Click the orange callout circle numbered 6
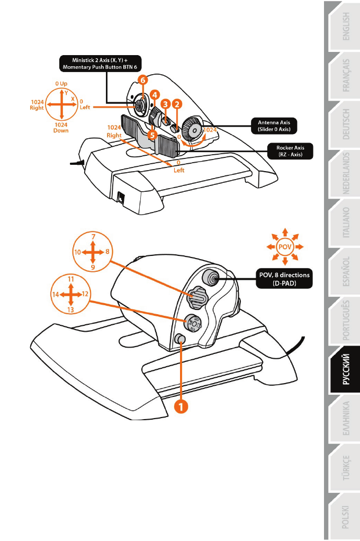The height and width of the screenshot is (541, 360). point(142,79)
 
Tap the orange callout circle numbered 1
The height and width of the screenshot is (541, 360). point(182,406)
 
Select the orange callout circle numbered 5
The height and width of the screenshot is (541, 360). point(152,135)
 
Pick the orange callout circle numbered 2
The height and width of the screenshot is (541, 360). point(177,105)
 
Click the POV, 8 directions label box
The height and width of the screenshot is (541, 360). point(283,279)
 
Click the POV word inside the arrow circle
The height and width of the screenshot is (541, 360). point(285,246)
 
